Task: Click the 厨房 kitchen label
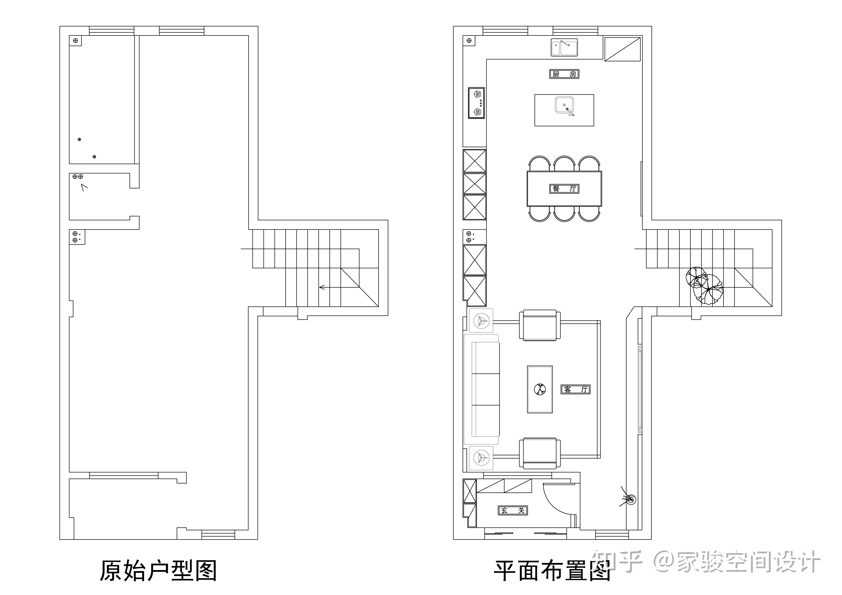click(564, 74)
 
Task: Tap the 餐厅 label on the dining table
click(564, 189)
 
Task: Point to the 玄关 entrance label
click(512, 510)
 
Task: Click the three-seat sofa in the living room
click(481, 389)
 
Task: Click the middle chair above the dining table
click(564, 164)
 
